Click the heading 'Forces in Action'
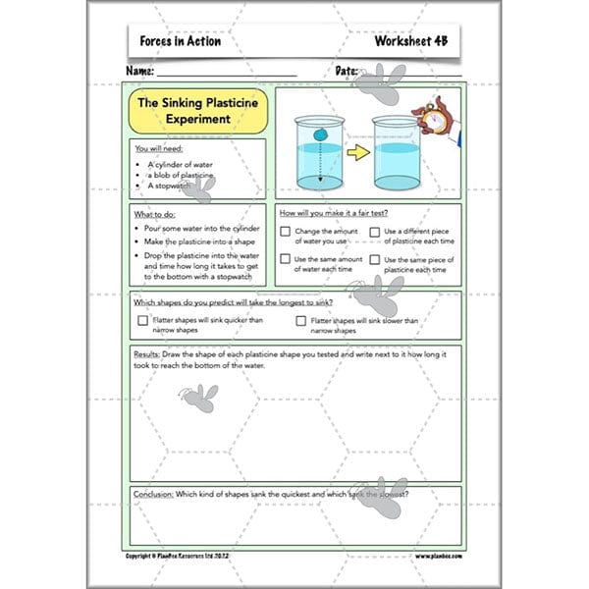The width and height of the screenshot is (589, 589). tap(181, 41)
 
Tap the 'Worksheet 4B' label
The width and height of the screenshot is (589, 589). tap(410, 41)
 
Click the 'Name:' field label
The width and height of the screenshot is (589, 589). tap(140, 72)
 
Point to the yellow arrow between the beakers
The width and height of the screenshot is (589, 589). tap(355, 152)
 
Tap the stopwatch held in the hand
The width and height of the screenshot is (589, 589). tap(427, 117)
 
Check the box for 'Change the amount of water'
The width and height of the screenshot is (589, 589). tap(285, 233)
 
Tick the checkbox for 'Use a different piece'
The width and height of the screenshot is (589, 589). tap(374, 233)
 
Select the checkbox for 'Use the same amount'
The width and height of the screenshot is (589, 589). tap(285, 259)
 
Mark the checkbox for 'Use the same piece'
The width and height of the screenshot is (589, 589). tap(374, 259)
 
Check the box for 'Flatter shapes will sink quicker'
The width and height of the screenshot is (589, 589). tap(143, 320)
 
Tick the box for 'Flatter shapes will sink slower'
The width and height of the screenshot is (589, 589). tap(300, 320)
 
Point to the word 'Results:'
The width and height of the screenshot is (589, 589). tap(146, 353)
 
